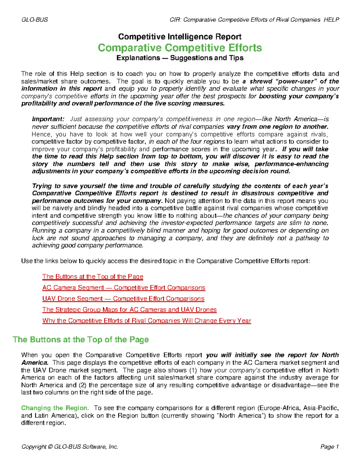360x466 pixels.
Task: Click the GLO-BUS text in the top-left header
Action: [x=34, y=20]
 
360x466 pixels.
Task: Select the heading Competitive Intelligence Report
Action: [x=180, y=37]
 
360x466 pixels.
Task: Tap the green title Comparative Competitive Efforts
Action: [x=180, y=48]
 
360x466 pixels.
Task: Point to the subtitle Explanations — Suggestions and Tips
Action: [x=180, y=58]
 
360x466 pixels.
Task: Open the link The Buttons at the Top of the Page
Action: [x=93, y=277]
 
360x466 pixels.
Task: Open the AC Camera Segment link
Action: [x=124, y=288]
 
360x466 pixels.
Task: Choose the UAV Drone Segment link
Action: [x=123, y=299]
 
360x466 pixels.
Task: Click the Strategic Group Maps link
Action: [x=129, y=310]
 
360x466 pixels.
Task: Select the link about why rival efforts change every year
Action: [x=146, y=321]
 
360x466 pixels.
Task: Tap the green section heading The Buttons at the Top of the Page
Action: [x=81, y=340]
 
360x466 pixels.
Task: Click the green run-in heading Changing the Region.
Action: [x=55, y=408]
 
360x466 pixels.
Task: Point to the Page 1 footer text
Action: [x=329, y=447]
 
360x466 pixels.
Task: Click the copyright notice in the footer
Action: [x=70, y=447]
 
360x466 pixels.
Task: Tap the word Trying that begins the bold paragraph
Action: [x=42, y=186]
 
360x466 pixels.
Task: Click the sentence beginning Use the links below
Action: [x=165, y=261]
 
